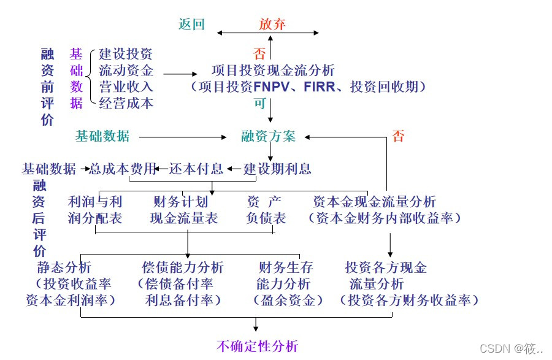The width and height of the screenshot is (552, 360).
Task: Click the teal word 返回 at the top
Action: pos(191,25)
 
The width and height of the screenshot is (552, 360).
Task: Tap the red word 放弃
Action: pos(272,25)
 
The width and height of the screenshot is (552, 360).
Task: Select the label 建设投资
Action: pos(126,54)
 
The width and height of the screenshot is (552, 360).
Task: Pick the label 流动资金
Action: pos(126,70)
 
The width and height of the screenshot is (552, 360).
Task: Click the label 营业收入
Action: pos(126,86)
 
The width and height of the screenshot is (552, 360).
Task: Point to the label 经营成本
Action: pos(126,103)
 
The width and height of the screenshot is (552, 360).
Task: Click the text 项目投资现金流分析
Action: pos(273,70)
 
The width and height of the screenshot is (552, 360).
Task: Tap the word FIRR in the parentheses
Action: pos(320,87)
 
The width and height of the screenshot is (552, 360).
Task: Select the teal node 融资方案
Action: pos(268,136)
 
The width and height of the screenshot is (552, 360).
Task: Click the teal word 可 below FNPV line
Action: pos(259,103)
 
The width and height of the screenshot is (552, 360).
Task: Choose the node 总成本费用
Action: pos(123,169)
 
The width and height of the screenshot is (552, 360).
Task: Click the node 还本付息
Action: pos(196,169)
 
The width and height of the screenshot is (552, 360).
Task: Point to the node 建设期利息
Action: pos(277,169)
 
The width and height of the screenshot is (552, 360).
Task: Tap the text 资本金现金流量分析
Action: pos(374,202)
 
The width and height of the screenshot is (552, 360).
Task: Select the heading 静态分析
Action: pos(64,267)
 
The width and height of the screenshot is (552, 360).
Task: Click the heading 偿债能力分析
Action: pos(183,267)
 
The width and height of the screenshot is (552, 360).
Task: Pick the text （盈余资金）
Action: pos(288,301)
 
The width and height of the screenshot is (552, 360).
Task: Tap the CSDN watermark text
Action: pos(511,348)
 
